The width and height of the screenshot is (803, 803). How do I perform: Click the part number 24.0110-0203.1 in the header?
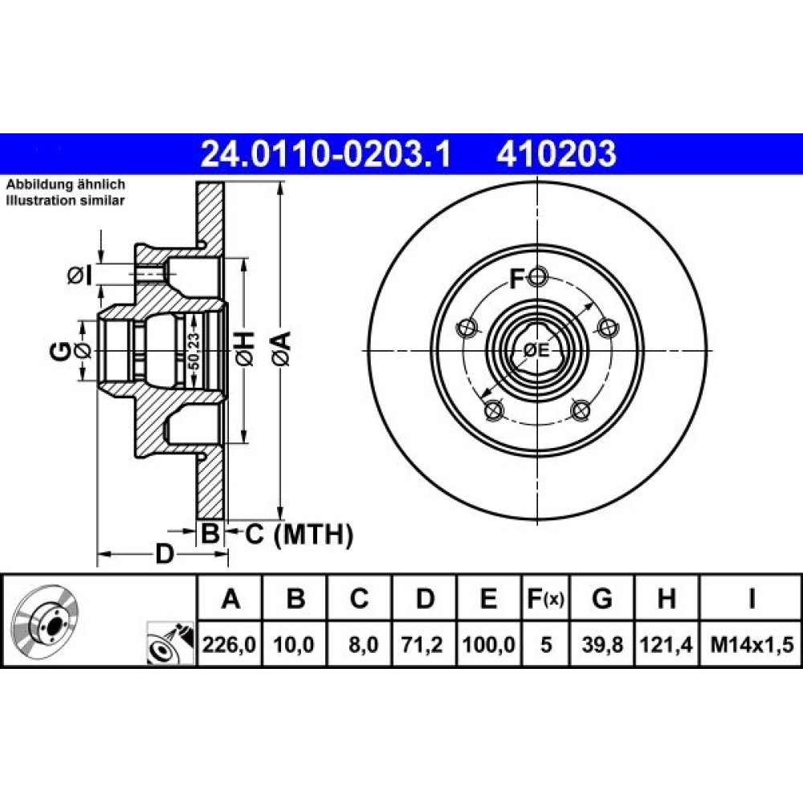click(x=326, y=154)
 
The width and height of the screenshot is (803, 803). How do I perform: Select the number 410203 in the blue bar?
click(x=556, y=154)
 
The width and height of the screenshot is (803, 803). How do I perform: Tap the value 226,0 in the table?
click(x=229, y=644)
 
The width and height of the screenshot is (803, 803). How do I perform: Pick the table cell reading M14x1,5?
click(x=752, y=644)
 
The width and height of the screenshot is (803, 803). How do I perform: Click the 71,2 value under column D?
click(x=423, y=644)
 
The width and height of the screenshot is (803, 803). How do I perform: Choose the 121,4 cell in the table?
click(x=666, y=644)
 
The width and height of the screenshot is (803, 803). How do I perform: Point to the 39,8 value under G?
click(x=602, y=644)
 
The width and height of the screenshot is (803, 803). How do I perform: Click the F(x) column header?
click(x=545, y=598)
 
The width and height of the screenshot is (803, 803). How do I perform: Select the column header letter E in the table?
click(x=488, y=598)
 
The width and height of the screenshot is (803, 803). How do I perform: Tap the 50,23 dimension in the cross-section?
click(x=193, y=352)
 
